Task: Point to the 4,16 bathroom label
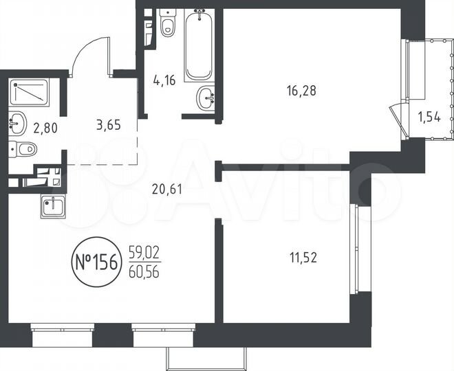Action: pos(164,80)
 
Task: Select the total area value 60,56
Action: pos(144,270)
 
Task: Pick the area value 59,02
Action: pos(144,254)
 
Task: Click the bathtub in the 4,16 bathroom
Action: pos(200,45)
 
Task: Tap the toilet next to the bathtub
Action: pos(167,25)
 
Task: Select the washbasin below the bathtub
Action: pos(205,100)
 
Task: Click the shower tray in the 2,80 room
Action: pos(29,91)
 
